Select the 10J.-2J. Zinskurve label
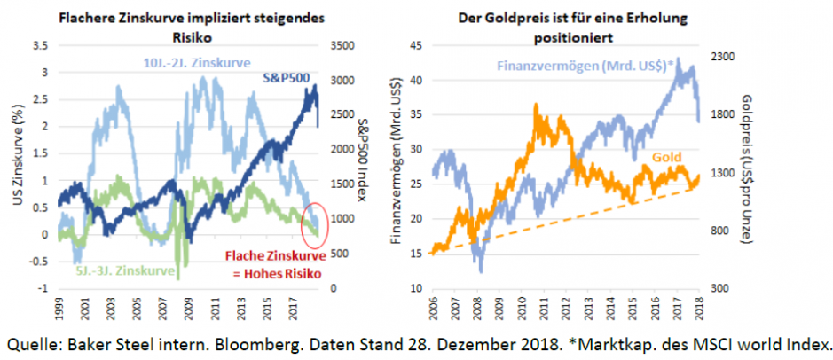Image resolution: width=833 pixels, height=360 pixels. [199, 63]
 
